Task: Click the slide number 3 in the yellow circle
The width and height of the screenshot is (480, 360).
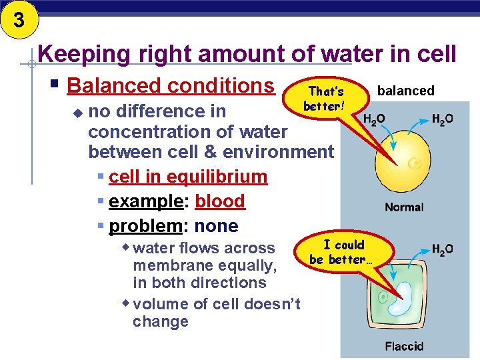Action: pyautogui.click(x=18, y=20)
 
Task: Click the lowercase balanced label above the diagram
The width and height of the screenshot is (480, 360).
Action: pyautogui.click(x=405, y=91)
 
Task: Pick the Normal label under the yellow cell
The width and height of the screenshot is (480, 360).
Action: pyautogui.click(x=403, y=207)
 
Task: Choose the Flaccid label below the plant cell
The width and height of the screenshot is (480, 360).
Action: pyautogui.click(x=403, y=346)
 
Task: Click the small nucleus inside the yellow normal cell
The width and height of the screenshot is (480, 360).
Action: pyautogui.click(x=415, y=163)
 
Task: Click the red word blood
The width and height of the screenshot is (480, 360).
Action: pyautogui.click(x=220, y=201)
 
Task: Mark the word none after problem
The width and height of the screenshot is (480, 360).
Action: pyautogui.click(x=216, y=226)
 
